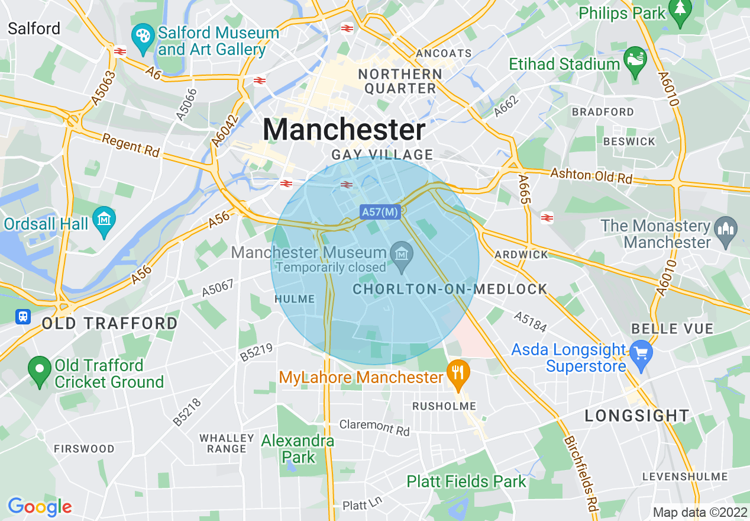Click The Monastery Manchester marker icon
click(726, 229)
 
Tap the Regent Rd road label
click(131, 145)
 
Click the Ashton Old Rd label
click(591, 175)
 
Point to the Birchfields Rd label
click(582, 473)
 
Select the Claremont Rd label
click(374, 427)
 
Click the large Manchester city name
click(344, 130)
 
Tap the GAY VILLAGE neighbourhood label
click(382, 155)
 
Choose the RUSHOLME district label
click(444, 406)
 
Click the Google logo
click(40, 507)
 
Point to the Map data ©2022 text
click(700, 512)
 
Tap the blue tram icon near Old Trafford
click(23, 317)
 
